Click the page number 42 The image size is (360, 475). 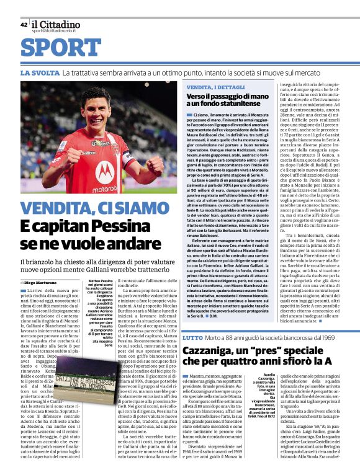tap(24, 25)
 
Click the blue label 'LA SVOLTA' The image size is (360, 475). tap(40, 73)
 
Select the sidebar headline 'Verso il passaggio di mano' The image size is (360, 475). tap(228, 98)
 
